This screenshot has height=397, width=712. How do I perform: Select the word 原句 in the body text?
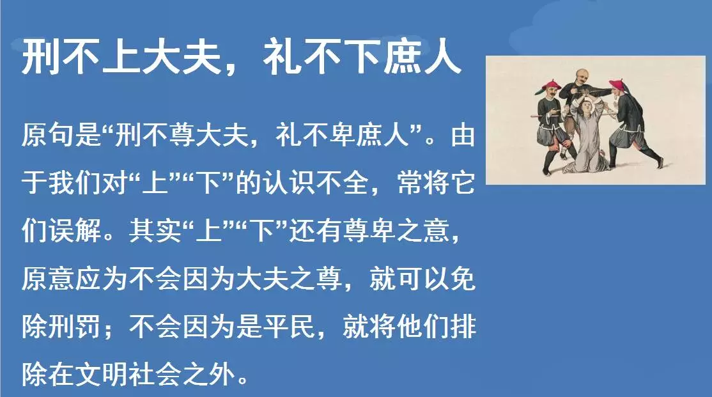(48, 136)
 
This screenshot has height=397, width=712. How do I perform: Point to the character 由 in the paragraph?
(463, 136)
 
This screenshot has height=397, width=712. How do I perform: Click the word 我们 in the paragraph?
(75, 183)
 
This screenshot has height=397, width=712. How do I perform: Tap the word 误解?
(75, 231)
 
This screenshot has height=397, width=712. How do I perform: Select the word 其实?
(155, 231)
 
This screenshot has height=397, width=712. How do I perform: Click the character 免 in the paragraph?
(463, 279)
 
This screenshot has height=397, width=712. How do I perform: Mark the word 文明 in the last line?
(102, 374)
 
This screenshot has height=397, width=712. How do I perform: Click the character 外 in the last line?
(222, 374)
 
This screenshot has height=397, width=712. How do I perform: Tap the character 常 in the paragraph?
(410, 183)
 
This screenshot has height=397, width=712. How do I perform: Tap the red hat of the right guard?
(617, 84)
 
